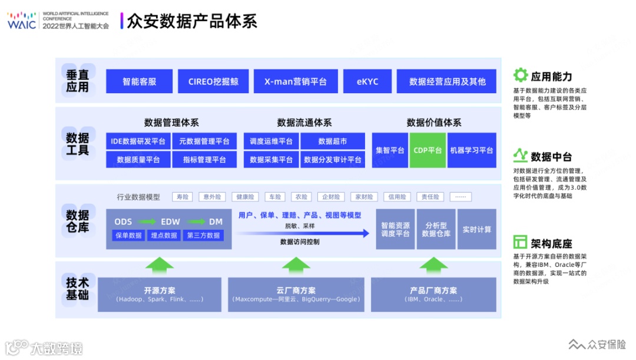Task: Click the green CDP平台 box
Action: click(428, 150)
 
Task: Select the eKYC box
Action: click(367, 81)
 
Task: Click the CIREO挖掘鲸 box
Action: click(213, 81)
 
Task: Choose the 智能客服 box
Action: click(140, 81)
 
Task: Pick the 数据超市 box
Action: click(333, 141)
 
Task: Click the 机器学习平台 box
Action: click(471, 150)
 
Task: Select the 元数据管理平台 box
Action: click(204, 141)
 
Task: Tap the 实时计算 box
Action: click(476, 229)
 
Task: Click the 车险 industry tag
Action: click(273, 197)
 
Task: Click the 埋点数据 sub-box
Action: click(164, 235)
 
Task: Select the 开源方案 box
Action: click(160, 294)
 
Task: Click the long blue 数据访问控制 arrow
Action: click(303, 233)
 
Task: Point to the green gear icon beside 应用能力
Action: click(520, 75)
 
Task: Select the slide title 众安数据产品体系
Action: click(192, 21)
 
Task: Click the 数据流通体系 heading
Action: click(304, 123)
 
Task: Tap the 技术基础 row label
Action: click(77, 288)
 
